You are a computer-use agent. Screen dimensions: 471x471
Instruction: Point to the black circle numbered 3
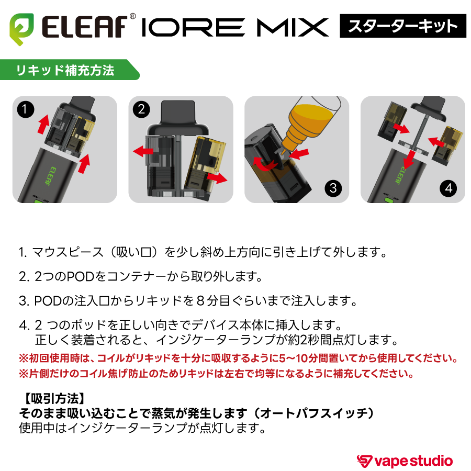[x=333, y=188]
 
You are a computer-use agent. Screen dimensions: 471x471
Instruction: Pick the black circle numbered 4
[x=449, y=188]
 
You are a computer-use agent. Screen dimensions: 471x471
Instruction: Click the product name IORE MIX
[x=235, y=27]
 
